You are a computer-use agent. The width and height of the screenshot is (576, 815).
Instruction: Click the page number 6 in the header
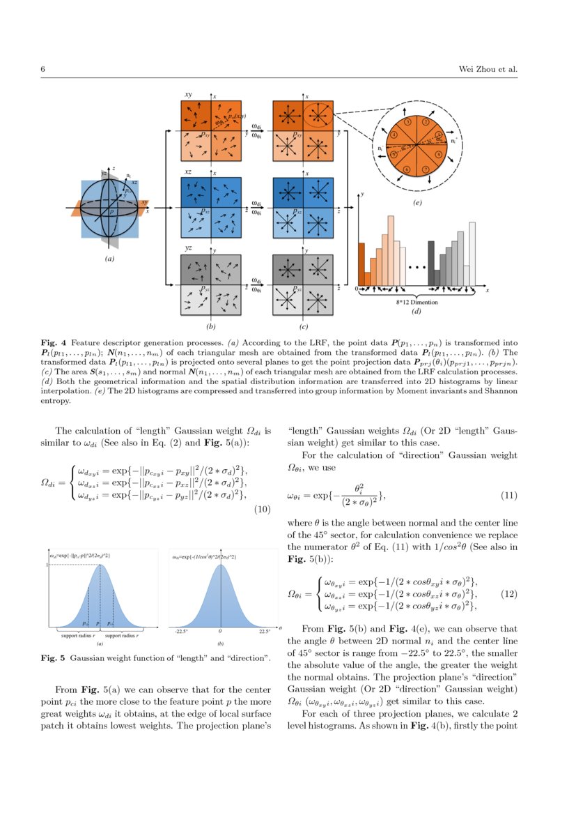(43, 70)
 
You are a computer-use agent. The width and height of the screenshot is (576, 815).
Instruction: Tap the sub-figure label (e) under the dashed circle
(417, 204)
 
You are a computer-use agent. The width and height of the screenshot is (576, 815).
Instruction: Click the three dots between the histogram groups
(417, 267)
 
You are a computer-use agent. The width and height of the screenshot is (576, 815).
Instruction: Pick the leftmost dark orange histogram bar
(361, 264)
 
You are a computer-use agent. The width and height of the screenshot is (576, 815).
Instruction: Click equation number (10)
(261, 510)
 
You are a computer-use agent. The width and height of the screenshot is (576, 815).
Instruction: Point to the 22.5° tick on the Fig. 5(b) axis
(263, 630)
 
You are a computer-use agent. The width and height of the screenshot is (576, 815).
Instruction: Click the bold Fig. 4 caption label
(53, 343)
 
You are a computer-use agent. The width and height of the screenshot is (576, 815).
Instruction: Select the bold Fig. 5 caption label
(53, 657)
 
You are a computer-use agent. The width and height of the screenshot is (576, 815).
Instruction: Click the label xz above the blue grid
(188, 171)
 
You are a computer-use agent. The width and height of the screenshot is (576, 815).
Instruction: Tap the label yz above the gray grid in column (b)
(188, 248)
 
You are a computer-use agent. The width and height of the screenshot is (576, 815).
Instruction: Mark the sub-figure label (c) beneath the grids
(304, 326)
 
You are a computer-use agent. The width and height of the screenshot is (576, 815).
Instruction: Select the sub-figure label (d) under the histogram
(417, 311)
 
